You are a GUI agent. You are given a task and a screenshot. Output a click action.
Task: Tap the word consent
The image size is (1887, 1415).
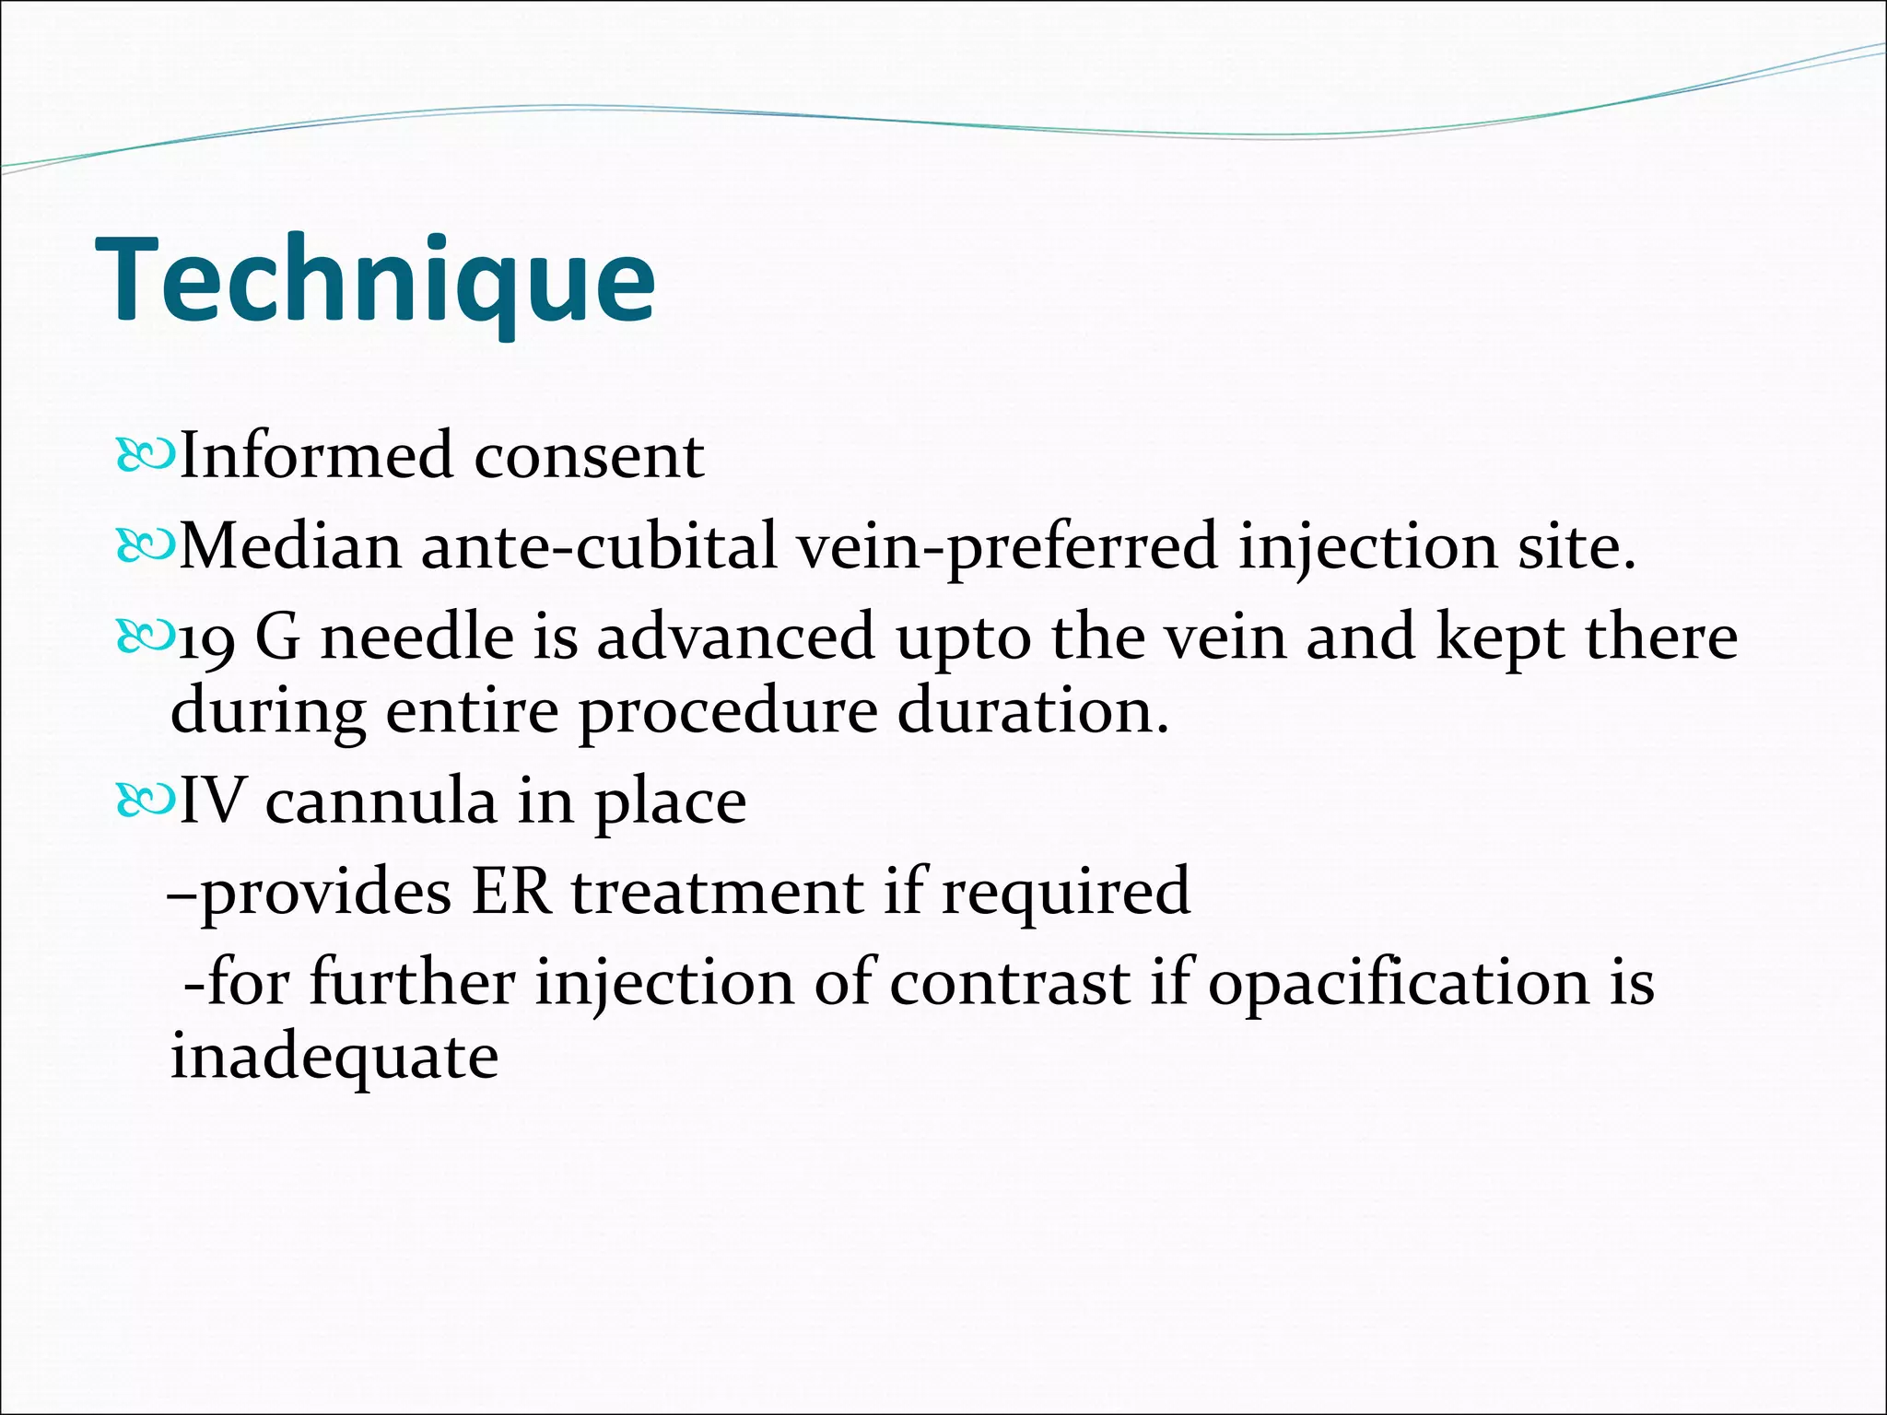589,457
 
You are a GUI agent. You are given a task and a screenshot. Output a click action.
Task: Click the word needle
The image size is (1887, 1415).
416,637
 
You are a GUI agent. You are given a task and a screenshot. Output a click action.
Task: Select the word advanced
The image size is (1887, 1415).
735,637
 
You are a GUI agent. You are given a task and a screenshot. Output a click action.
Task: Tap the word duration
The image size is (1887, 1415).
1032,711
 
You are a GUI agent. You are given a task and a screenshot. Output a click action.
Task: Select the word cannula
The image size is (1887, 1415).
381,801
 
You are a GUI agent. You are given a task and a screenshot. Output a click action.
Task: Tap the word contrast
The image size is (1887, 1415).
1010,982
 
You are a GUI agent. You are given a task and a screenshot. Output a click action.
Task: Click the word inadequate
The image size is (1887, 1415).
334,1057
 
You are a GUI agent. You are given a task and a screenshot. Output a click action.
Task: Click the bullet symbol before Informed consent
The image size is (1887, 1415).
145,456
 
